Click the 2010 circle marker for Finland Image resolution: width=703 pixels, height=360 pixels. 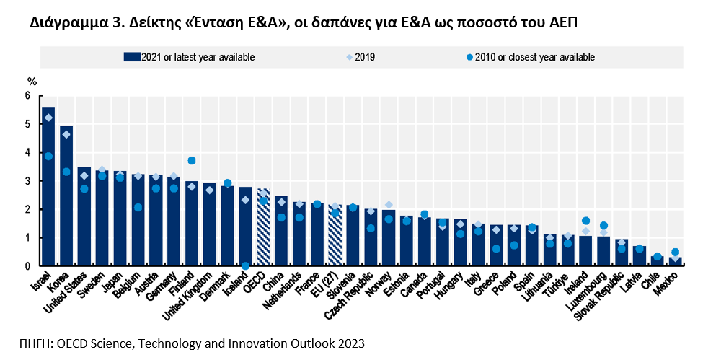(192, 161)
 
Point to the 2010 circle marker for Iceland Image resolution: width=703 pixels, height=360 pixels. (245, 265)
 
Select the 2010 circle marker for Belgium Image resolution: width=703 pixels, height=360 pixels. (138, 208)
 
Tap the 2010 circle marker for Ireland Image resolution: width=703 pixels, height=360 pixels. (585, 221)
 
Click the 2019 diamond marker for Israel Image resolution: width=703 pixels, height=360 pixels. (48, 118)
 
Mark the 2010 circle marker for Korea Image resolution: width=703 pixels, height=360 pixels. (66, 172)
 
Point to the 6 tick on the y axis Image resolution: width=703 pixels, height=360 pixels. (28, 96)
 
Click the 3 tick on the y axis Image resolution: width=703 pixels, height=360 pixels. (28, 181)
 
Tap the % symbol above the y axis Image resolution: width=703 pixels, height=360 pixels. (31, 81)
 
